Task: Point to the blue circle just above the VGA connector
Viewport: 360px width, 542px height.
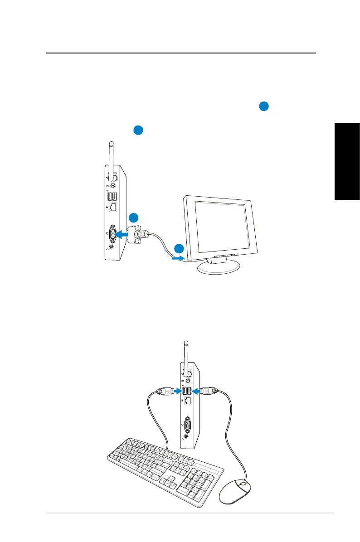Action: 133,217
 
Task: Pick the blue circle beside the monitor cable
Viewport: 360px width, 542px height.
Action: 179,248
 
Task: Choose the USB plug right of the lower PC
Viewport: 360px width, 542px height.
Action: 209,390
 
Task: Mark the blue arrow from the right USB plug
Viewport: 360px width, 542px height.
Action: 197,390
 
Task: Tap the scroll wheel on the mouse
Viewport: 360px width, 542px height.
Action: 243,484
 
